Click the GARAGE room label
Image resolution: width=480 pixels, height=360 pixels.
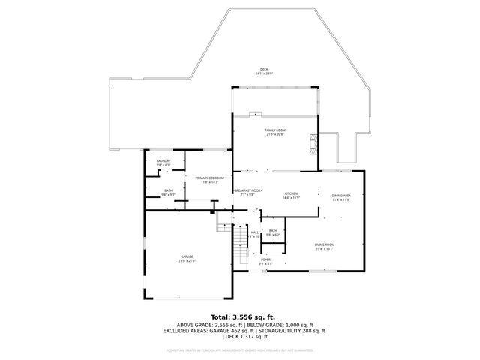(x=187, y=257)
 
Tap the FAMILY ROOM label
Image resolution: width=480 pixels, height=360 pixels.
(x=274, y=130)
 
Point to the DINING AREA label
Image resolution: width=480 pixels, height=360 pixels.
(x=341, y=196)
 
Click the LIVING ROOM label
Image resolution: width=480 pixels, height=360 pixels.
(x=324, y=245)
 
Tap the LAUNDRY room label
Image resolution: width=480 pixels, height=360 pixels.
(x=163, y=160)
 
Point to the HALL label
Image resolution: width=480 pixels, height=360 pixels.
(x=255, y=232)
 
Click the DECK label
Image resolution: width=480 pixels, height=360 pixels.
(x=265, y=70)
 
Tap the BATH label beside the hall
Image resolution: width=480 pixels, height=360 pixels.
(x=273, y=231)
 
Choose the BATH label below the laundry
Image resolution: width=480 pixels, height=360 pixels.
(x=168, y=190)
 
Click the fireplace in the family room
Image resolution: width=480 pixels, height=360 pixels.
(x=314, y=142)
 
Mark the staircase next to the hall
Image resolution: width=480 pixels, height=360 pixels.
(x=240, y=241)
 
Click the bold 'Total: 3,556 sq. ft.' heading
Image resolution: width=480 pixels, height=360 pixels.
(x=243, y=316)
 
